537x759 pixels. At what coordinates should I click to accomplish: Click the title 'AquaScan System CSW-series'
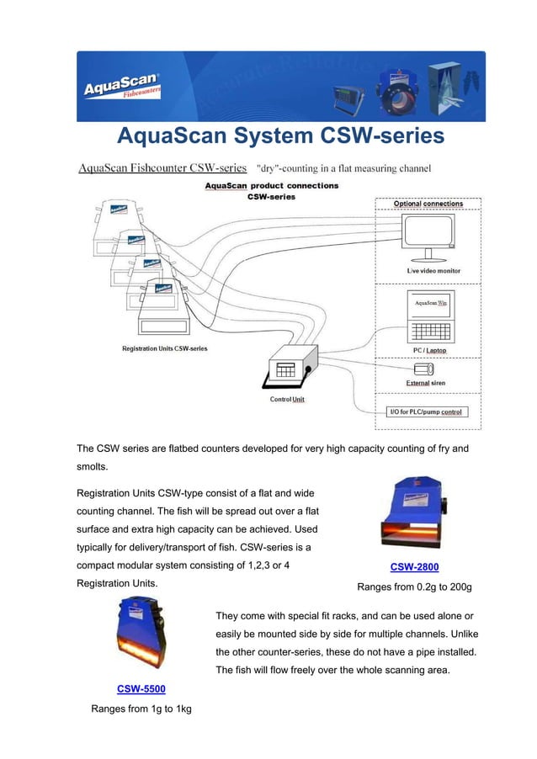279,135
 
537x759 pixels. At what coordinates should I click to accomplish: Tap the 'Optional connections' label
428,204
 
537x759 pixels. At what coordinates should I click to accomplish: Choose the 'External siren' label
426,383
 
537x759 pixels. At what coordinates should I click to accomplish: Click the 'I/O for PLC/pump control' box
426,412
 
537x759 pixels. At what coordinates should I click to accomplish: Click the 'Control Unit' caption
287,399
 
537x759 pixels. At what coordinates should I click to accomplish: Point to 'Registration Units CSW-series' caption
165,348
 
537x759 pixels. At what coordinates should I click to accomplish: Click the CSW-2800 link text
414,566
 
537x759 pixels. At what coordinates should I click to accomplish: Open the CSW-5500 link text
141,688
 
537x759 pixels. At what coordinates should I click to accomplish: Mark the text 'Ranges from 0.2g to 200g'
414,586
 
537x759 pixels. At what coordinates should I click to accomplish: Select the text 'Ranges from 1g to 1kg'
141,709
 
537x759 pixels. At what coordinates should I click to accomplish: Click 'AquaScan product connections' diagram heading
272,185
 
